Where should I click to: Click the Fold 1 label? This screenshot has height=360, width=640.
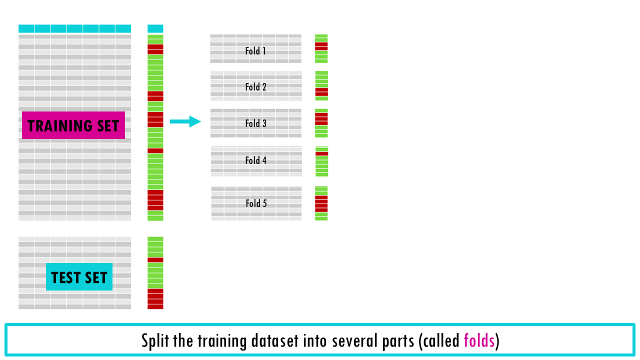255,51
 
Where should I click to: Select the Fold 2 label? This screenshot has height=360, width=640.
255,87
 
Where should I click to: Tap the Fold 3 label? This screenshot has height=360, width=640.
255,123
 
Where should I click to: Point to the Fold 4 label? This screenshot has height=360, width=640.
255,160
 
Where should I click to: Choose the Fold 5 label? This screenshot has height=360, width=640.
256,203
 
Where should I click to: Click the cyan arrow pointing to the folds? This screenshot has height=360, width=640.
185,121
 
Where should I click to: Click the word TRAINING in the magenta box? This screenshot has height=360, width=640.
59,125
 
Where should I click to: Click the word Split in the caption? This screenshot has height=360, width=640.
155,341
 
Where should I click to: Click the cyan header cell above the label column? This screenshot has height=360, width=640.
155,28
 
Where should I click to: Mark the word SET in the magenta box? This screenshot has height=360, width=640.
107,125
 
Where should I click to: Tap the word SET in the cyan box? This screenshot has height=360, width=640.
96,277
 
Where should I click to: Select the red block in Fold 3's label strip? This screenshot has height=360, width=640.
321,119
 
